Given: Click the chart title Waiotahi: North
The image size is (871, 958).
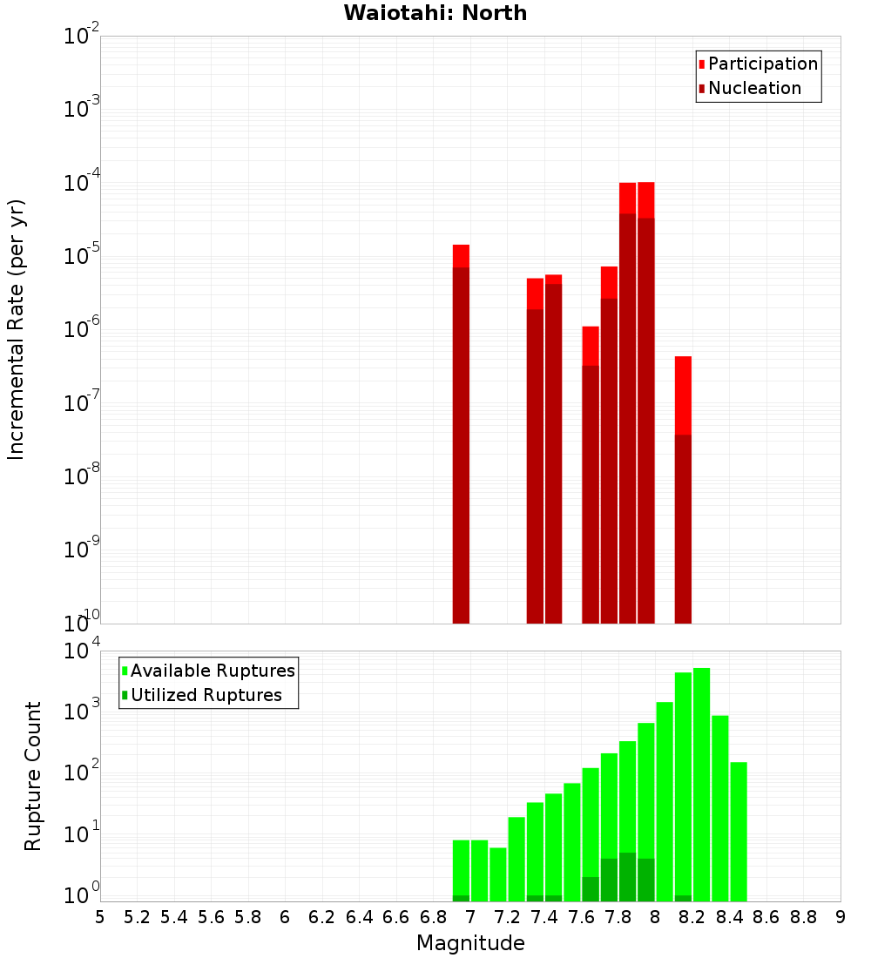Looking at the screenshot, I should (435, 13).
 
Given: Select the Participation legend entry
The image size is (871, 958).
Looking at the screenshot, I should (762, 64).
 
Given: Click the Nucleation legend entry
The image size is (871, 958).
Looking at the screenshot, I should (754, 88).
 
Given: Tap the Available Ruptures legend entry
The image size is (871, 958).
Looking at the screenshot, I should (213, 671).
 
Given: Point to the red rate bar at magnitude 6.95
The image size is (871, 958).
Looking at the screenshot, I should (461, 435).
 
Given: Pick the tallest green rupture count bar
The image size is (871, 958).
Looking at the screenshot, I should (701, 784).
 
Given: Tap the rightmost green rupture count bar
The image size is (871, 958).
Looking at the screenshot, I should (738, 832).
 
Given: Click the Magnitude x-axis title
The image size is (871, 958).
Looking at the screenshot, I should (470, 943).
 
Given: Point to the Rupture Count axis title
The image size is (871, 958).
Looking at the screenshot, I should (33, 776).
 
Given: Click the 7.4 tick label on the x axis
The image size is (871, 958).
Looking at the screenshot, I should (544, 917).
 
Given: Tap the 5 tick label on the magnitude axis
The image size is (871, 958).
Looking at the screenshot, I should (100, 917).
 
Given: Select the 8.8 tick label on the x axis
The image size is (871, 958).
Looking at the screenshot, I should (803, 917).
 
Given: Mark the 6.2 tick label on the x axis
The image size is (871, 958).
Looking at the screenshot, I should (322, 917).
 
